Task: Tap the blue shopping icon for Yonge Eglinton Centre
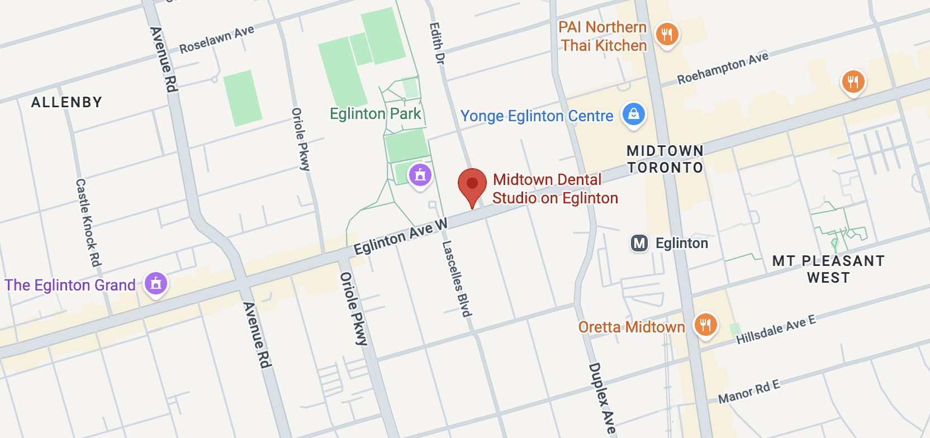[634, 115]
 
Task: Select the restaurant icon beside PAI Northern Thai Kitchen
[667, 35]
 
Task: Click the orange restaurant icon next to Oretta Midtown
[705, 325]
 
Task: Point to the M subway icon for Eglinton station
[639, 243]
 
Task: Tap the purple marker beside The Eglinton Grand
[156, 283]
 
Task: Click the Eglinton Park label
[375, 114]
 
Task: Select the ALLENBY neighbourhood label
[67, 102]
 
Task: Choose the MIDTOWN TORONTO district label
[665, 159]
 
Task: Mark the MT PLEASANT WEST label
[828, 269]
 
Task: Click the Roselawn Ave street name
[216, 39]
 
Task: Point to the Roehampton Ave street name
[723, 68]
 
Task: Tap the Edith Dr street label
[437, 43]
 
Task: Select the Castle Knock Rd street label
[88, 222]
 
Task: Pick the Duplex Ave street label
[602, 398]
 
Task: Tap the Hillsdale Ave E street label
[776, 330]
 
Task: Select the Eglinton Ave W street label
[401, 236]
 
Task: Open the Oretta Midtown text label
[632, 327]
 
